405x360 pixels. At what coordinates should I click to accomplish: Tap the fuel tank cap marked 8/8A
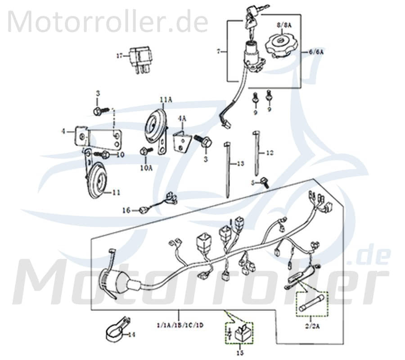(x=279, y=45)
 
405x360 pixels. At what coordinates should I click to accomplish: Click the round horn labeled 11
(x=96, y=180)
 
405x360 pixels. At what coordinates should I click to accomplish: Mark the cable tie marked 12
(x=256, y=153)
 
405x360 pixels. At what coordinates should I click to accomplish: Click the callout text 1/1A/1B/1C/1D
(x=179, y=325)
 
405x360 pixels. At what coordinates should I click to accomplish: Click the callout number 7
(x=219, y=52)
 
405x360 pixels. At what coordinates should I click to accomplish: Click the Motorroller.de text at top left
(x=108, y=22)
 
